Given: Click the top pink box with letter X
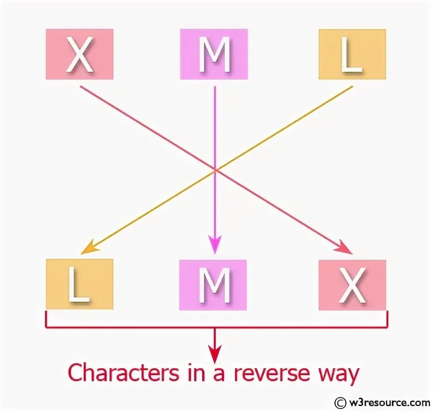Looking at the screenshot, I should click(80, 54).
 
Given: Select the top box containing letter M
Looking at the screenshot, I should click(214, 54).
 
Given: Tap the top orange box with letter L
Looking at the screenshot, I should click(352, 54).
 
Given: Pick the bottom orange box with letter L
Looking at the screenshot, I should click(80, 284).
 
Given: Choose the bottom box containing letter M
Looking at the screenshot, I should click(214, 284).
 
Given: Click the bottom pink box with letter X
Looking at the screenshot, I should click(352, 284).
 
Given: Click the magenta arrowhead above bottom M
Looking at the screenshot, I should click(215, 244).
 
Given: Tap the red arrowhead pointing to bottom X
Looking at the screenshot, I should click(346, 248).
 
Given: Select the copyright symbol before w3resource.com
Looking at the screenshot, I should click(341, 403).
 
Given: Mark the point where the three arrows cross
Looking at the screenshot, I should click(215, 170).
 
